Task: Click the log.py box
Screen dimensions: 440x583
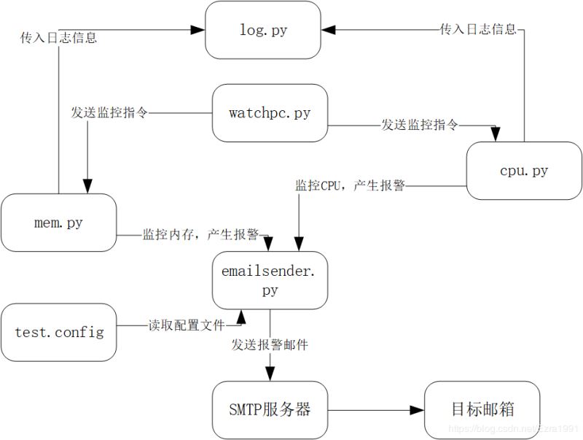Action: (262, 30)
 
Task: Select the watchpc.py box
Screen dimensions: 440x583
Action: (270, 113)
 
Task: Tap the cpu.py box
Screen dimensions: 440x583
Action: (524, 171)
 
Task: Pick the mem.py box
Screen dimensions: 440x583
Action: (58, 223)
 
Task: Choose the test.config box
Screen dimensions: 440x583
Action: (58, 333)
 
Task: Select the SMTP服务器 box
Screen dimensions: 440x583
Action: (270, 409)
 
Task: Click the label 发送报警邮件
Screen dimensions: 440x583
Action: (270, 344)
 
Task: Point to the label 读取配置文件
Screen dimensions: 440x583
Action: (187, 325)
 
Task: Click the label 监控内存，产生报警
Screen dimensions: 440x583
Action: (201, 235)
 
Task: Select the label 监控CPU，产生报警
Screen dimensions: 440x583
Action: (350, 186)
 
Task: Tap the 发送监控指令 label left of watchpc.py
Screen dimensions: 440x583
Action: (109, 113)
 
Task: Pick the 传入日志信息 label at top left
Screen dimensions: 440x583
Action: (58, 38)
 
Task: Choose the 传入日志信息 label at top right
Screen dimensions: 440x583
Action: (478, 30)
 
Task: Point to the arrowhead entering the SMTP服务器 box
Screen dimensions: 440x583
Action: (270, 374)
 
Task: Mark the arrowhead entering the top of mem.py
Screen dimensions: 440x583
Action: (87, 187)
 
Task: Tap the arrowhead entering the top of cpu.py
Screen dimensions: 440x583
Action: (496, 136)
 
